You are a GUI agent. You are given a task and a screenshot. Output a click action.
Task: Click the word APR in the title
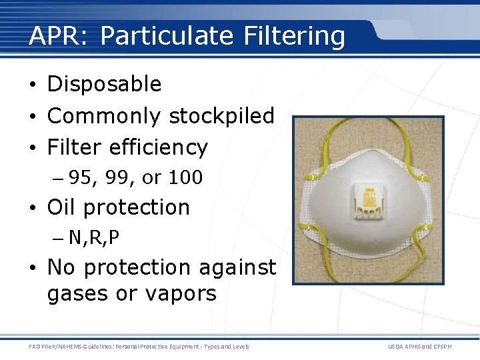click(x=58, y=35)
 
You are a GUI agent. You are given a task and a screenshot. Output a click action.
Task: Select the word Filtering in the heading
click(x=295, y=35)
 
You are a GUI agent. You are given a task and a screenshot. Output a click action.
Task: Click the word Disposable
click(x=105, y=84)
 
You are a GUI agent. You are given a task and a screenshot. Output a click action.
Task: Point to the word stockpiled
click(x=222, y=116)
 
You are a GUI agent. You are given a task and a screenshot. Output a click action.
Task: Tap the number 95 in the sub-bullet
click(x=79, y=178)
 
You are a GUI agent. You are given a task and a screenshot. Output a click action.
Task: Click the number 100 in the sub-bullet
click(x=185, y=178)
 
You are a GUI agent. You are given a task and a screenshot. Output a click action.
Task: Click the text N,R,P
click(x=94, y=238)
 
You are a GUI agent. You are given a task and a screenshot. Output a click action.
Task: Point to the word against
click(x=237, y=267)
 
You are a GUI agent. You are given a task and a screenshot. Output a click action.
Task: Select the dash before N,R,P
click(x=59, y=238)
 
